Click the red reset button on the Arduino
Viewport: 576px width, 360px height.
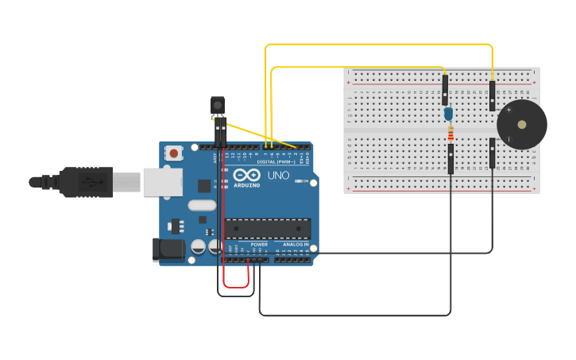coord(173,152)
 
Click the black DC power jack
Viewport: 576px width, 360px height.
coord(168,250)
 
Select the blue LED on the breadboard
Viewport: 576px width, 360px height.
coord(449,114)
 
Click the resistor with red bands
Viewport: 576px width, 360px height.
coord(450,133)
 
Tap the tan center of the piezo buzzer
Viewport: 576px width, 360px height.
coord(521,125)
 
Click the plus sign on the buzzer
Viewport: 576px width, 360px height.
coord(508,110)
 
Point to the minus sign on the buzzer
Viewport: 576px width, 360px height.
coord(508,140)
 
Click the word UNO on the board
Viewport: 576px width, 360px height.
coord(278,175)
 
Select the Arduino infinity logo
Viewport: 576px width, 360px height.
coord(242,175)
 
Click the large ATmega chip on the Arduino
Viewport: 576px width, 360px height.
coord(268,229)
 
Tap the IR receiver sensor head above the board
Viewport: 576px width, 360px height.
coord(217,105)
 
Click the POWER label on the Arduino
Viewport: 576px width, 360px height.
coord(259,245)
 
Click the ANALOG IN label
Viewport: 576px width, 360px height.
coord(296,245)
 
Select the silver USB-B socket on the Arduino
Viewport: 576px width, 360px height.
coord(162,182)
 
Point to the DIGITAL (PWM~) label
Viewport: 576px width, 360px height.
coord(274,162)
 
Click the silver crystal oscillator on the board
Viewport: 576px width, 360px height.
coord(202,205)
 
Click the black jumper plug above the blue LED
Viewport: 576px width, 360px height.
coord(445,90)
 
